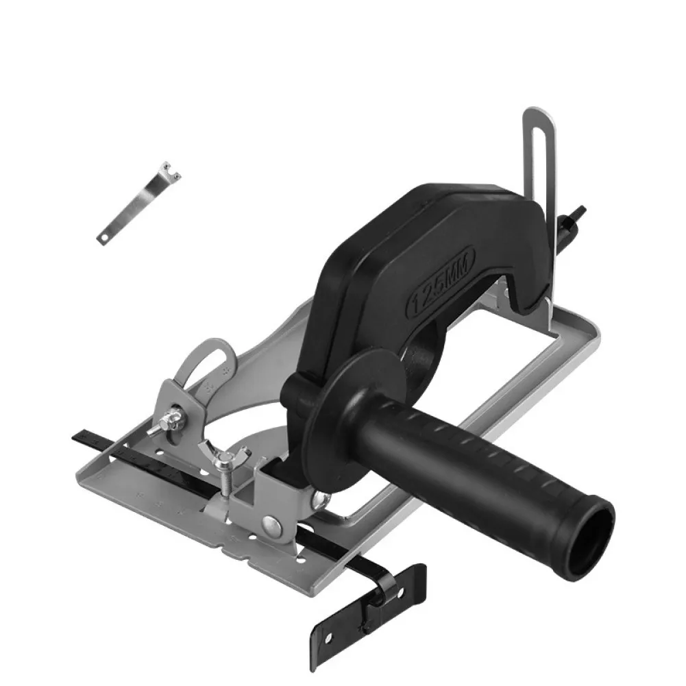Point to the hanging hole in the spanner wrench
(x=103, y=237)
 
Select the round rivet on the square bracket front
(x=273, y=526)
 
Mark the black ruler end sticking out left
(x=86, y=437)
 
